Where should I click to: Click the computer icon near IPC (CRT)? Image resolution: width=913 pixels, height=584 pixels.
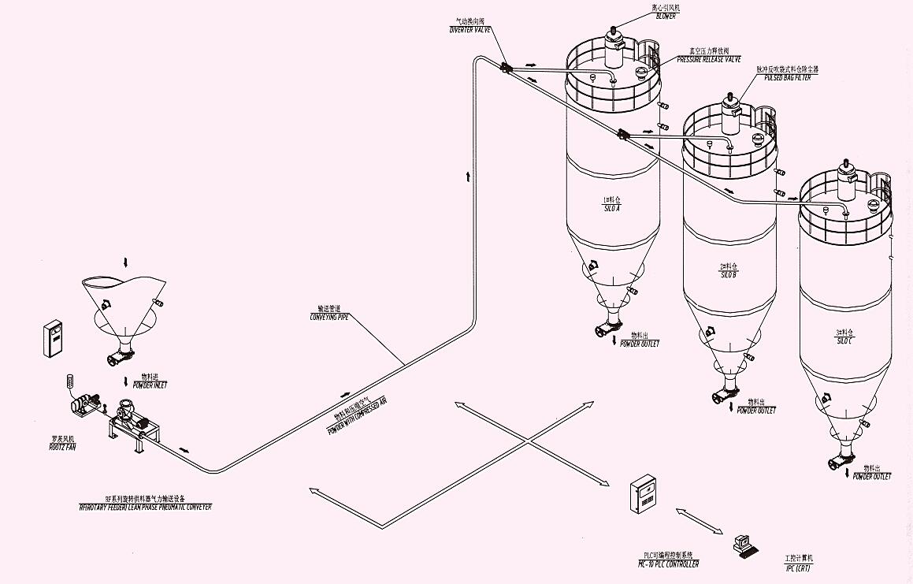pyautogui.click(x=743, y=545)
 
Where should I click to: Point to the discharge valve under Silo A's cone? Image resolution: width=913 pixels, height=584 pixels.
pyautogui.click(x=607, y=325)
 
